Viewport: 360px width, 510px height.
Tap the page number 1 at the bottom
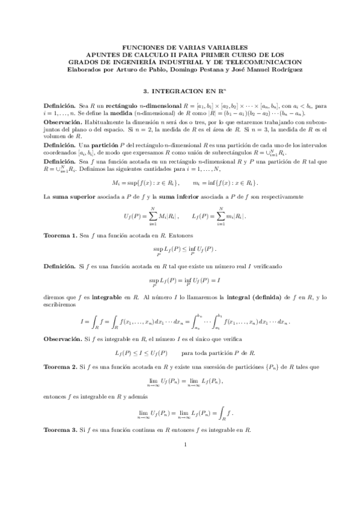point(186,478)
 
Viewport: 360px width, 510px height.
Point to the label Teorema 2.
point(61,366)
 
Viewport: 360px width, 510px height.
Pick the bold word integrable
point(105,296)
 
